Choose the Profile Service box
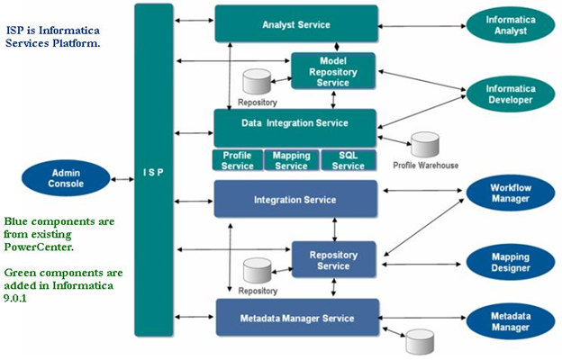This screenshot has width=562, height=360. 237,159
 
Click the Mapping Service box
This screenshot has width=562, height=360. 291,159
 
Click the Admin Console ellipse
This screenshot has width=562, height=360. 67,176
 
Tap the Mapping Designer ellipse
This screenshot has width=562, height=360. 510,261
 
